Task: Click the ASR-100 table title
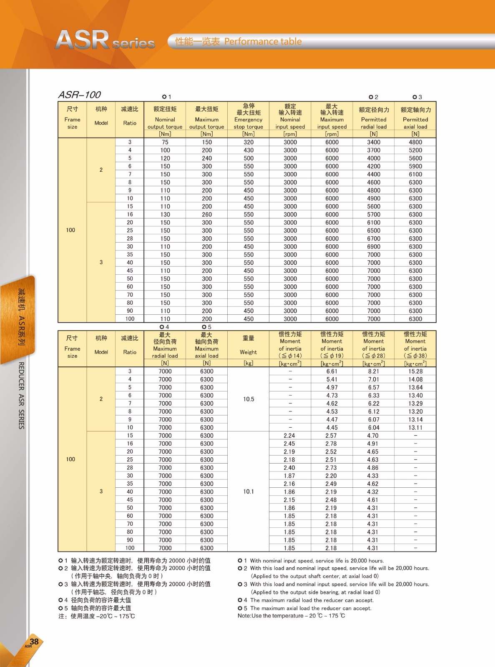pyautogui.click(x=79, y=95)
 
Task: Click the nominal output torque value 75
pyautogui.click(x=165, y=142)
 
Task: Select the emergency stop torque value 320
pyautogui.click(x=249, y=142)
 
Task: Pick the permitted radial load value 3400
pyautogui.click(x=374, y=142)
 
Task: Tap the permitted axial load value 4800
pyautogui.click(x=415, y=142)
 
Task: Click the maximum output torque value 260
pyautogui.click(x=207, y=214)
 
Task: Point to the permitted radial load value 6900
pyautogui.click(x=374, y=246)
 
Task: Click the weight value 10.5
pyautogui.click(x=249, y=399)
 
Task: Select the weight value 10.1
pyautogui.click(x=249, y=491)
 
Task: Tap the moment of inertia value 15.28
pyautogui.click(x=415, y=371)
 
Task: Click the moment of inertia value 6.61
pyautogui.click(x=332, y=371)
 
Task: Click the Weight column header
pyautogui.click(x=249, y=346)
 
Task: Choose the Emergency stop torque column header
pyautogui.click(x=249, y=116)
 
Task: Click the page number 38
pyautogui.click(x=34, y=642)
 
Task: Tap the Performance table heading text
pyautogui.click(x=263, y=41)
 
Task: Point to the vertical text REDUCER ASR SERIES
pyautogui.click(x=21, y=395)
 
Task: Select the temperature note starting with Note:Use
pyautogui.click(x=291, y=616)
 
